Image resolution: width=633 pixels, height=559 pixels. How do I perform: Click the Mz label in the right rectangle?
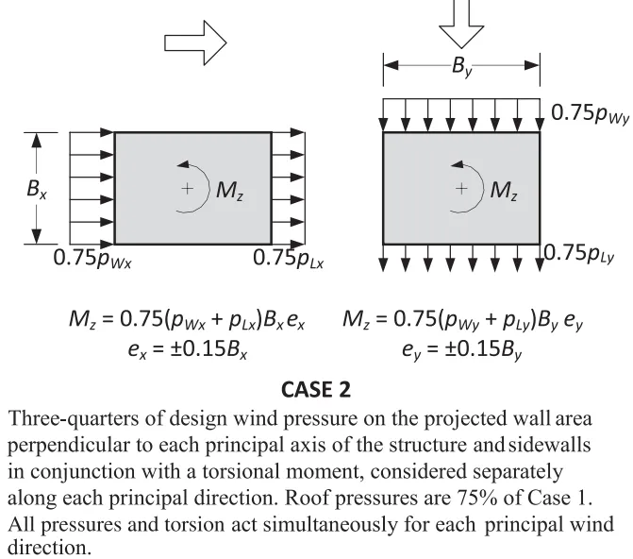pos(504,189)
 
